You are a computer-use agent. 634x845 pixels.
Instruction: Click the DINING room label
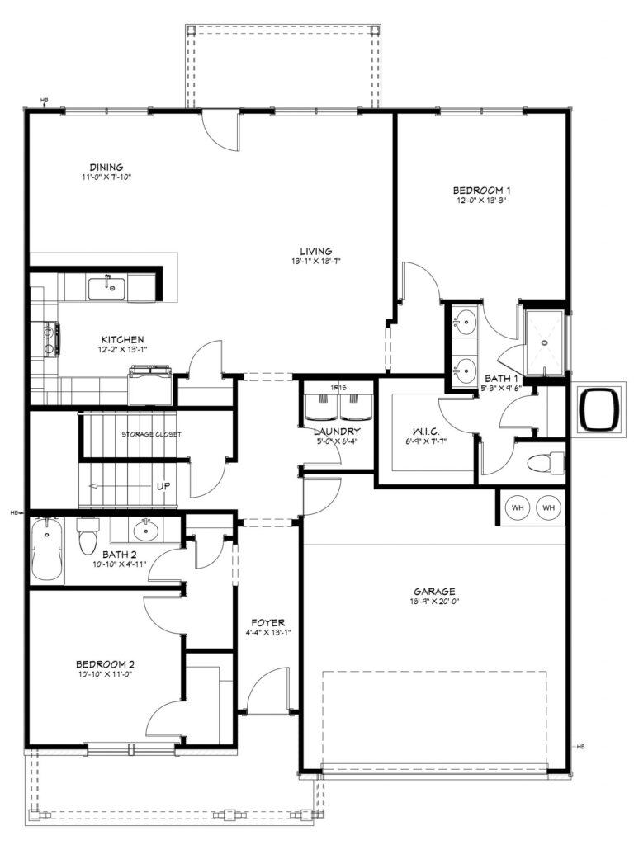106,167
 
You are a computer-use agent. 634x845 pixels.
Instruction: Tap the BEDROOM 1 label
481,191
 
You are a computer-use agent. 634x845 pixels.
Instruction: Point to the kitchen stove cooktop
50,339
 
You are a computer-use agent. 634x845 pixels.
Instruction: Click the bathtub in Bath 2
47,549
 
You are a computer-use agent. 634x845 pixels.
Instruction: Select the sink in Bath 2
145,531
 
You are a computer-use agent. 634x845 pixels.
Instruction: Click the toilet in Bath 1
545,464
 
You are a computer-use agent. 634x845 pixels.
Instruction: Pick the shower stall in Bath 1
545,342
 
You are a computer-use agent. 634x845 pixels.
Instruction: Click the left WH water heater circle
518,507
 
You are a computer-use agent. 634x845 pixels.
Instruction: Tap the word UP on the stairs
163,485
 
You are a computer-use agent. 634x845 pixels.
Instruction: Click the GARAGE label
434,591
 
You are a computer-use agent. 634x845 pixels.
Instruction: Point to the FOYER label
267,623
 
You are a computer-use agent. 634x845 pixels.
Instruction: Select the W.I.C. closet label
426,432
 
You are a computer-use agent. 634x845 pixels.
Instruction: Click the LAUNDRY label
337,432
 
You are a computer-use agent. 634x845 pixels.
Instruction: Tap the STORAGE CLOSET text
152,434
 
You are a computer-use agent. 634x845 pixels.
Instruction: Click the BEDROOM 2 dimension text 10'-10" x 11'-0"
104,674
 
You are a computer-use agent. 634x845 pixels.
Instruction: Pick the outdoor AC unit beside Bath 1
599,408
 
